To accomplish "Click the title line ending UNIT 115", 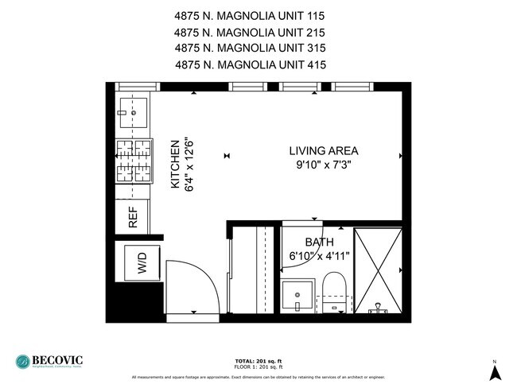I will click(x=250, y=15).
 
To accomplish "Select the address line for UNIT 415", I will click(x=250, y=65).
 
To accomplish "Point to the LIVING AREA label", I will click(x=323, y=150).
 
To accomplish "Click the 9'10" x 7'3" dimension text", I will click(x=323, y=165).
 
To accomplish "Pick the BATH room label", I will click(x=320, y=242).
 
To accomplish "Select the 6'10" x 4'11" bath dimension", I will click(x=319, y=256).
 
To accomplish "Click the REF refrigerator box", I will click(x=133, y=217).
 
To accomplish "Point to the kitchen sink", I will click(x=134, y=113).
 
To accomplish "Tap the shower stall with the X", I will click(x=377, y=270).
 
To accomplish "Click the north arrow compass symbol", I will click(x=494, y=371).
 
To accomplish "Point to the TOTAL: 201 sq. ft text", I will click(x=258, y=359).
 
